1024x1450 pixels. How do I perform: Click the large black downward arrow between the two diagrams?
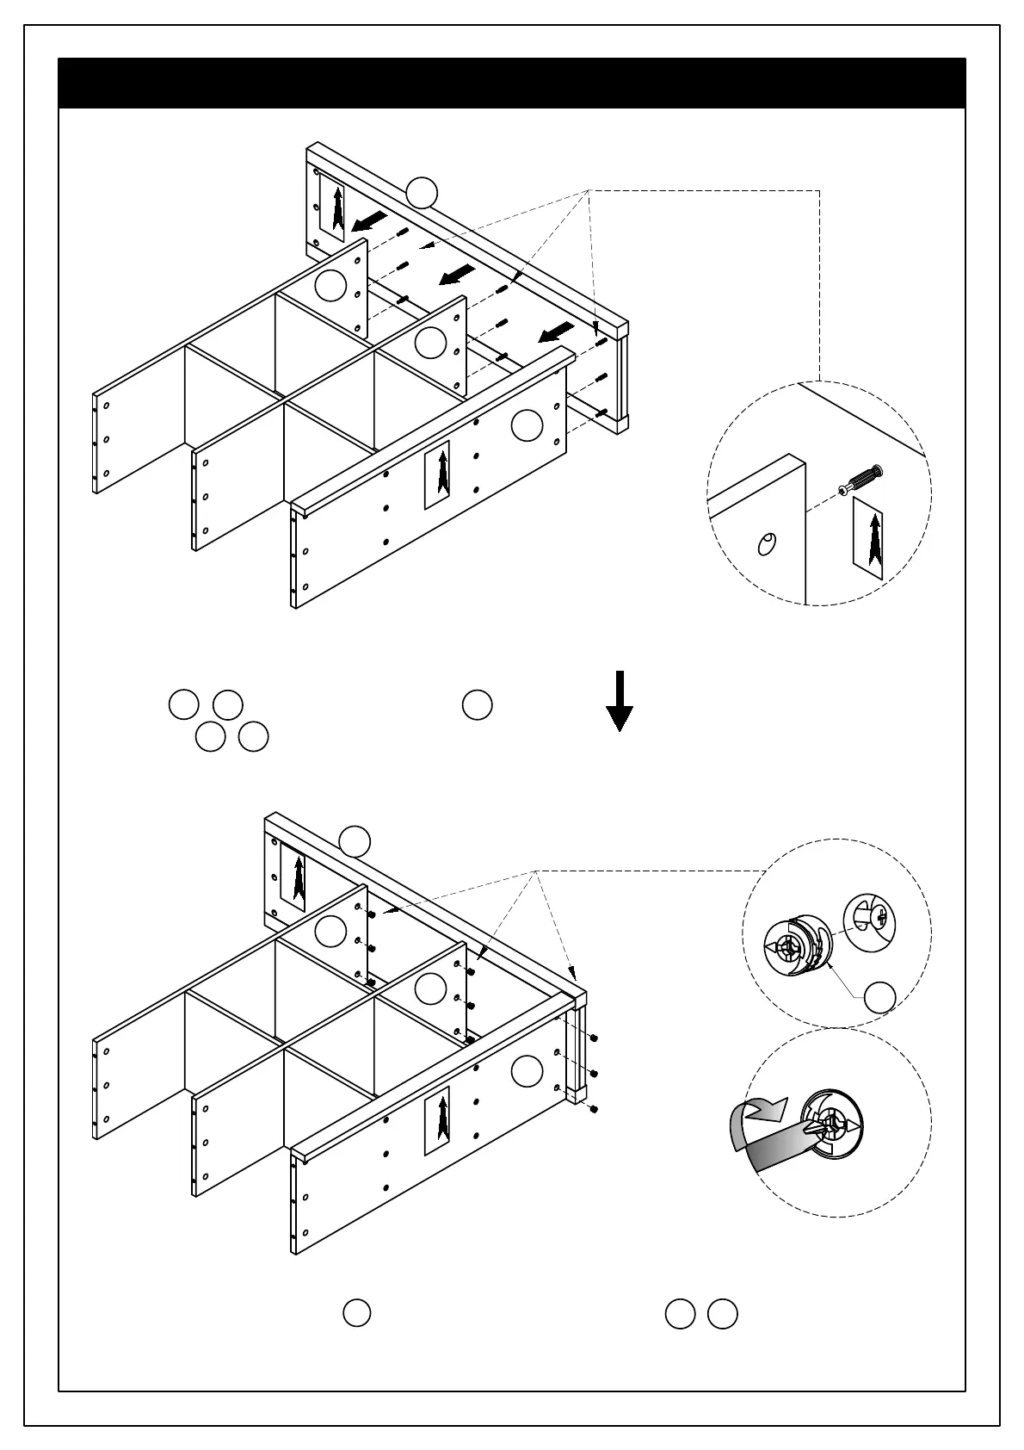click(x=620, y=702)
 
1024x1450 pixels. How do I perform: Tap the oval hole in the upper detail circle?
click(x=765, y=544)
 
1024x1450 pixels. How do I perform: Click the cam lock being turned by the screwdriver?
click(x=831, y=1125)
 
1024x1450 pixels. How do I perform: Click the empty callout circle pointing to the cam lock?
click(x=879, y=997)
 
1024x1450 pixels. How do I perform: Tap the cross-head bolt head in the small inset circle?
click(x=871, y=922)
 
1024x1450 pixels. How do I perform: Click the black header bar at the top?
click(x=511, y=84)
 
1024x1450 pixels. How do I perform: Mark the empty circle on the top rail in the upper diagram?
click(x=422, y=192)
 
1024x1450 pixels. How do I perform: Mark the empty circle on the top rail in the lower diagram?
click(x=355, y=840)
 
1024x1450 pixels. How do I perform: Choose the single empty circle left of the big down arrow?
click(x=478, y=704)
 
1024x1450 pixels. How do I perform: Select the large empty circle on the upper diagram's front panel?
click(x=527, y=425)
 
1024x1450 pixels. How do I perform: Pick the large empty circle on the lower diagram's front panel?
click(x=527, y=1070)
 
